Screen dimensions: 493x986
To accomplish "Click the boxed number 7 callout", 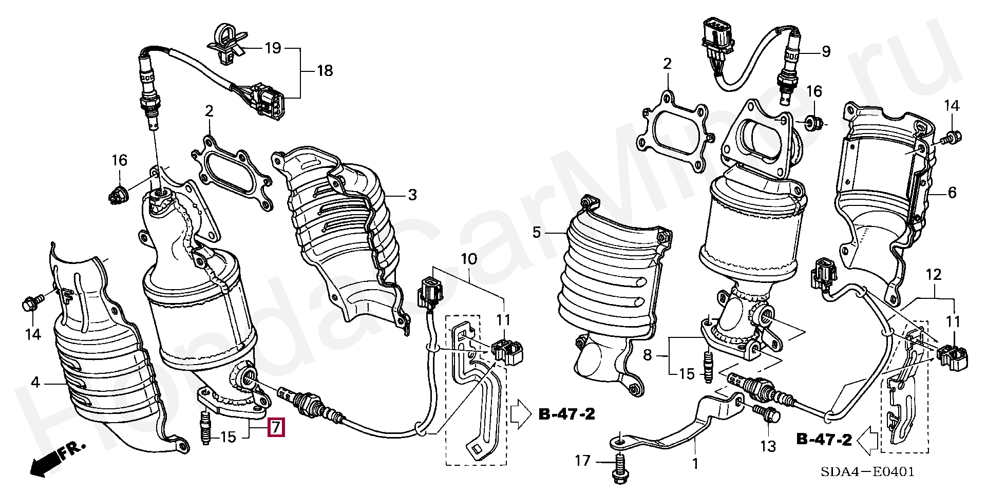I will pyautogui.click(x=276, y=427).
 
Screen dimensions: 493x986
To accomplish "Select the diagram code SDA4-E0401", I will pyautogui.click(x=867, y=471).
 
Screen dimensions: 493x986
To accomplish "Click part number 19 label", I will pyautogui.click(x=273, y=48).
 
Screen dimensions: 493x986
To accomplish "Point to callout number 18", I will pyautogui.click(x=325, y=71).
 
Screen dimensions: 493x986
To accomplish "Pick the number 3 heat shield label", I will pyautogui.click(x=412, y=195).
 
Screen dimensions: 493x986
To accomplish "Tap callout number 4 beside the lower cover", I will pyautogui.click(x=35, y=383).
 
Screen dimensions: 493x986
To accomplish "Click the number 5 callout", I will pyautogui.click(x=537, y=233).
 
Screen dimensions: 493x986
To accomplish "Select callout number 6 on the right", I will pyautogui.click(x=952, y=193).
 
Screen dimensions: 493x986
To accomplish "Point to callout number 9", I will pyautogui.click(x=826, y=51).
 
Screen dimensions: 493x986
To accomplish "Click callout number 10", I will pyautogui.click(x=468, y=259).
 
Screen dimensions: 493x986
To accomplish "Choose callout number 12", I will pyautogui.click(x=933, y=275).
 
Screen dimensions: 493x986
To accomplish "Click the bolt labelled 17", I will pyautogui.click(x=619, y=468).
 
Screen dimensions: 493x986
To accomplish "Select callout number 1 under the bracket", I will pyautogui.click(x=695, y=464).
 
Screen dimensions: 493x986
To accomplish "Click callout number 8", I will pyautogui.click(x=647, y=355).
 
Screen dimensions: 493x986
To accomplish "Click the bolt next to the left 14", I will pyautogui.click(x=30, y=304).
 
